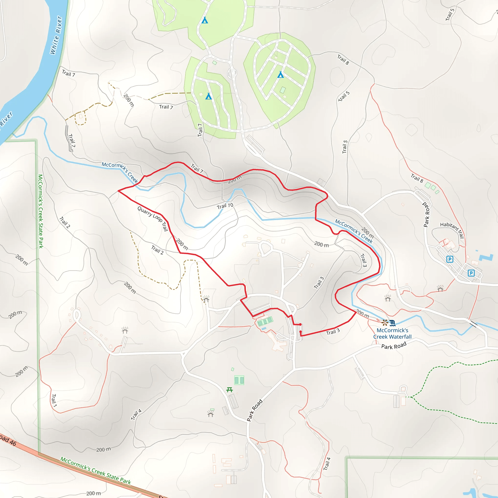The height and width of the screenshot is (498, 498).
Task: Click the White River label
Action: coord(56,35)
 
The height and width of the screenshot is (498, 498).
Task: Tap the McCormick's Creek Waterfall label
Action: coord(392,333)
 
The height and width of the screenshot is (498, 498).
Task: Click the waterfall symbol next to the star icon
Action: coord(392,323)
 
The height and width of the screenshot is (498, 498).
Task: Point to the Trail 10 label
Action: coord(225,206)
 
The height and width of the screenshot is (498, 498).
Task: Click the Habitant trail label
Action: coord(452,229)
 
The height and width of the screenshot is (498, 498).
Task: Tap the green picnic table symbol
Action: coord(229,390)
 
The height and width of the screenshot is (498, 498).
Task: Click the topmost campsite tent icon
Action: coord(205,20)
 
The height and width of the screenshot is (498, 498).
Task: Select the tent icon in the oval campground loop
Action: coord(280,75)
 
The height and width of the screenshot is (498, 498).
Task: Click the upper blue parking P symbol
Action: coord(450,259)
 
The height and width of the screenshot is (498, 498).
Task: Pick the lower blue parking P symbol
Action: coord(471,273)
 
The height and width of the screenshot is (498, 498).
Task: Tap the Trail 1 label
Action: coord(54,400)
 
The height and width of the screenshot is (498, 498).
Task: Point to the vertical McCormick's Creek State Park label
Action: coord(40,211)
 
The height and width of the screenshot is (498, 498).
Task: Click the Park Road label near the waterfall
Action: coord(394,345)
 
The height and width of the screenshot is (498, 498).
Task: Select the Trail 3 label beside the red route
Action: coord(333,332)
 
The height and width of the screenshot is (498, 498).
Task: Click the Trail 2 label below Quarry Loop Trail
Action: coord(157,250)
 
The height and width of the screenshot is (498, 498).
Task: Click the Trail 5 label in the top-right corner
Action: coord(450,15)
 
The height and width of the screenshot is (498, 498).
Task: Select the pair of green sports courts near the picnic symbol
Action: coord(239,380)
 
